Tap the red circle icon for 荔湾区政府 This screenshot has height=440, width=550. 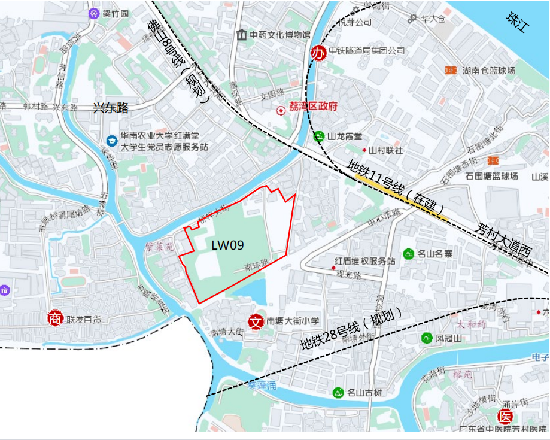(x=280, y=110)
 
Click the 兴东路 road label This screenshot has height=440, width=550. (x=111, y=108)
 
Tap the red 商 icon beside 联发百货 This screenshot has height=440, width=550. (x=55, y=318)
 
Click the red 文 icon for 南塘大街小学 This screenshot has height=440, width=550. (x=256, y=321)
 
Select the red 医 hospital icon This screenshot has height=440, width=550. (x=506, y=417)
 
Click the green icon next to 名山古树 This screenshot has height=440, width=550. (x=338, y=393)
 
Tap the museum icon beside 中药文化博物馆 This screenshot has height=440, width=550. (x=242, y=35)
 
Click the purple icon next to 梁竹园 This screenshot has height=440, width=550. (x=93, y=13)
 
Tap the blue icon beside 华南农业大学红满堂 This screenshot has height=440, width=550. (x=111, y=141)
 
